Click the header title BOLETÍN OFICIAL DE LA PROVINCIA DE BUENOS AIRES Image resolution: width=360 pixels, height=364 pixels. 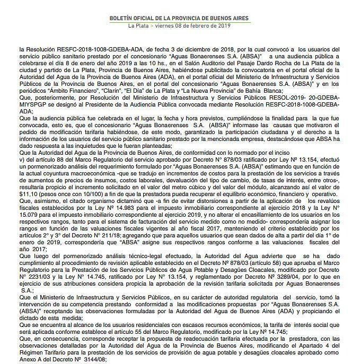179,17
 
